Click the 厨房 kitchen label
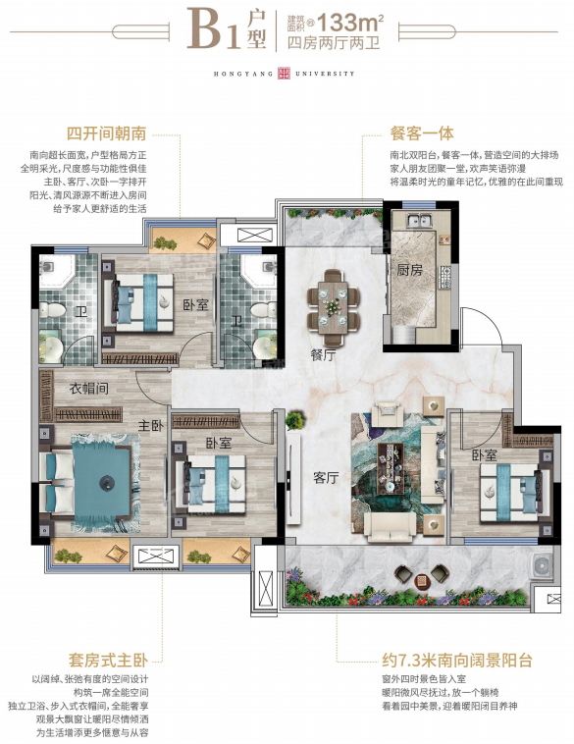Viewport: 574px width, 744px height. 409,270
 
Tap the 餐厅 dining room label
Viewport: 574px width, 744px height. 324,355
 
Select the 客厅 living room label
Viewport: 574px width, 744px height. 326,477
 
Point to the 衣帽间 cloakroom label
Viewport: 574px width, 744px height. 88,388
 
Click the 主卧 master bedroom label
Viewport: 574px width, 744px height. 150,425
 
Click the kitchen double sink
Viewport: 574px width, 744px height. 420,220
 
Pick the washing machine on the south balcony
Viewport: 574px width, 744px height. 542,566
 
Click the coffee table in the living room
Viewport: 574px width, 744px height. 391,467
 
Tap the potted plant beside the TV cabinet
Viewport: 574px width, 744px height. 294,420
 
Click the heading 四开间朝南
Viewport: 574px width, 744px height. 106,133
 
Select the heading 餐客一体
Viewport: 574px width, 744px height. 422,133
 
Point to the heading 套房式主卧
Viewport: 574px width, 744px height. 108,660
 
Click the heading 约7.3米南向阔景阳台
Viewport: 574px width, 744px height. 457,660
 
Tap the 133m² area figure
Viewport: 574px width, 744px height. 350,22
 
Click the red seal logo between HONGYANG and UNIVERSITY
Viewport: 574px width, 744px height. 284,73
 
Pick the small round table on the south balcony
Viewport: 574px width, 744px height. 422,580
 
